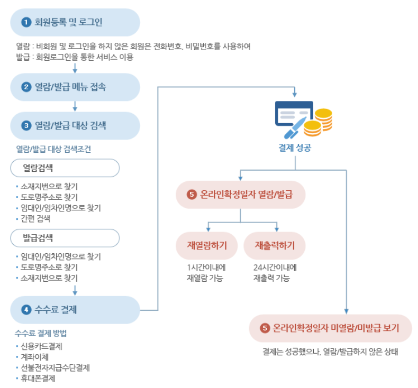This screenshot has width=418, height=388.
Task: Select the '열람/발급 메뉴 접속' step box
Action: click(75, 87)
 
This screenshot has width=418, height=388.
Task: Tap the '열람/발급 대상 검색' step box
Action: click(75, 126)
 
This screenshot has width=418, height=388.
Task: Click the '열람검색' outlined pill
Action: click(65, 168)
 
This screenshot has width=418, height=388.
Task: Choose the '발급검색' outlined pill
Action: click(65, 237)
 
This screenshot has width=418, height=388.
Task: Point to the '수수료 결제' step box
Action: click(75, 310)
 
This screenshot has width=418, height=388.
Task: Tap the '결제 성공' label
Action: click(295, 148)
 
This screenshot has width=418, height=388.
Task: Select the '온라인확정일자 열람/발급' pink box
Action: click(241, 195)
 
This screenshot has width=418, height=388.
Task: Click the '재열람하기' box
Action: click(207, 245)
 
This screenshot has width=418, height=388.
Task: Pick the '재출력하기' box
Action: click(275, 245)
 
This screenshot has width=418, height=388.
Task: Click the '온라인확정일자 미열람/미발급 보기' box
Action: click(331, 328)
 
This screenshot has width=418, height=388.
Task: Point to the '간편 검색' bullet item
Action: click(36, 218)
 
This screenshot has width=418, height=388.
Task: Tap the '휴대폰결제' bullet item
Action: click(38, 378)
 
